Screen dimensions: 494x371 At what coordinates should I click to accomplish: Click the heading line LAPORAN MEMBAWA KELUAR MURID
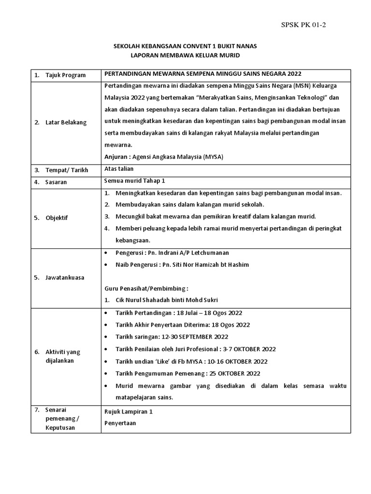[x=185, y=56]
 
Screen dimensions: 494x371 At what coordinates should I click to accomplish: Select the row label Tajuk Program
[x=66, y=75]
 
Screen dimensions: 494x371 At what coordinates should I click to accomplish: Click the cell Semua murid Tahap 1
[x=135, y=181]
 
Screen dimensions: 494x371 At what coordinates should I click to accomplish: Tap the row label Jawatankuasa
[x=70, y=277]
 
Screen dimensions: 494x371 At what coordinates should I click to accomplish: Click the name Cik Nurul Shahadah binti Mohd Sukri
[x=167, y=300]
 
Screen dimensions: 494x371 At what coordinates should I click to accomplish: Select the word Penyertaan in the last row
[x=120, y=423]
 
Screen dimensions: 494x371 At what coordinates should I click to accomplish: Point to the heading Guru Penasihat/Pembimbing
[x=146, y=288]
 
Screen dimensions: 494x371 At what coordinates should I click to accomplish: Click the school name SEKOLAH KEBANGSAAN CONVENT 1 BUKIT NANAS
[x=185, y=46]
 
